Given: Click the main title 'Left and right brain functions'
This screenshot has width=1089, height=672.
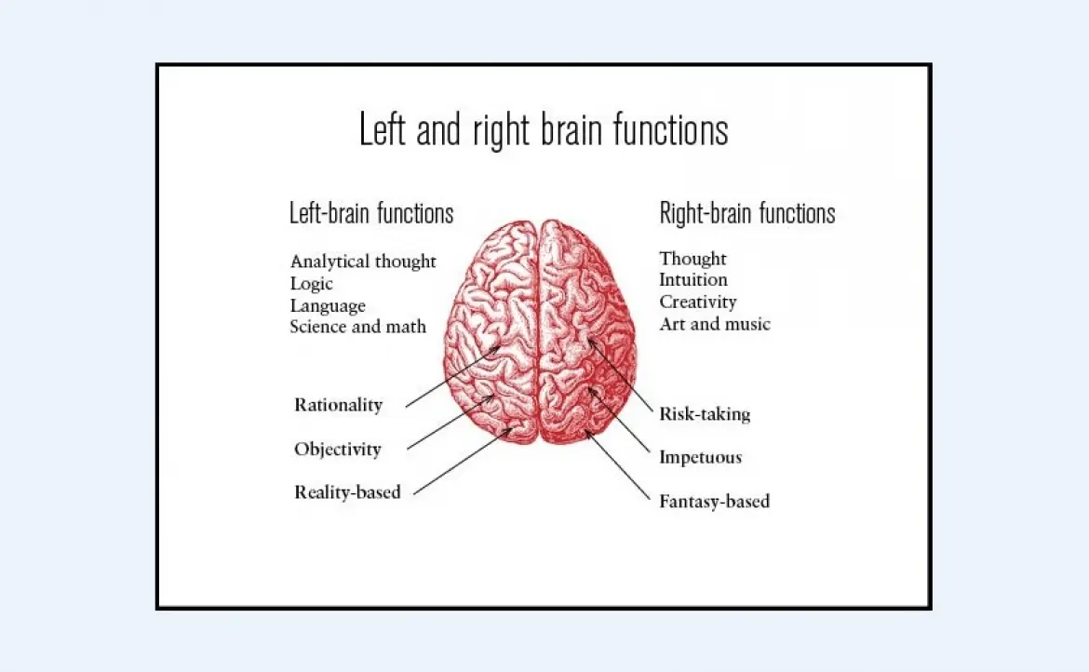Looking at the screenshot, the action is point(544,129).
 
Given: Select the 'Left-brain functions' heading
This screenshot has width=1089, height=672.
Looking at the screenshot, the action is point(371,213).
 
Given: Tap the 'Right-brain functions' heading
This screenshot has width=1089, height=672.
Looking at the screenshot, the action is point(747,213).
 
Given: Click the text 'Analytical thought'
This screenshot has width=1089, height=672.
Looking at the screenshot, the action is point(363,261).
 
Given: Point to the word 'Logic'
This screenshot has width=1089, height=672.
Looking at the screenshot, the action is point(312,283).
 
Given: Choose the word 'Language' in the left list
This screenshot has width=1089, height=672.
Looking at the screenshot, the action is point(328,305).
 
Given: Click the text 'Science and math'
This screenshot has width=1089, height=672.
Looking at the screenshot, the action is point(358,327).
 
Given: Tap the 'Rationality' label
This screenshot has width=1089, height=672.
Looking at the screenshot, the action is point(338,405).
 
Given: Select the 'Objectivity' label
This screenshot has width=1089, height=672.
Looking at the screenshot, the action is point(338,450).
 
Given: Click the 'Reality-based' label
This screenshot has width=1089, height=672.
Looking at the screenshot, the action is point(347,492).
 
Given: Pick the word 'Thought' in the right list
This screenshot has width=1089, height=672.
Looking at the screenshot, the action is point(693,258).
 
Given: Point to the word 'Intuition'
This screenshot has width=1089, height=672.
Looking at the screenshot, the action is point(693,279).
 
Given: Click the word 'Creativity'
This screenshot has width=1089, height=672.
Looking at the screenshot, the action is point(698,302).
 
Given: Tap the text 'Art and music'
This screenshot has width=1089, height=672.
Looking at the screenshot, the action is point(715,324).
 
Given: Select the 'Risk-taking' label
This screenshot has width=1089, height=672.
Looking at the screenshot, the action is point(705,414).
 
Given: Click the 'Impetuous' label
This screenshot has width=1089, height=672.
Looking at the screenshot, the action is point(701,457).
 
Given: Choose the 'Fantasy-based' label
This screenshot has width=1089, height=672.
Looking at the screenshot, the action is point(715,502).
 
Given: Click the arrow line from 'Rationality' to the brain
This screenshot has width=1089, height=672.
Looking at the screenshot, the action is point(453,376).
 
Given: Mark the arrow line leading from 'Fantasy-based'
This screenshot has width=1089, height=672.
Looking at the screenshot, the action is point(618,465).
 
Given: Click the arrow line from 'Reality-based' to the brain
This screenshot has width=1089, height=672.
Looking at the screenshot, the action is point(463,462).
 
